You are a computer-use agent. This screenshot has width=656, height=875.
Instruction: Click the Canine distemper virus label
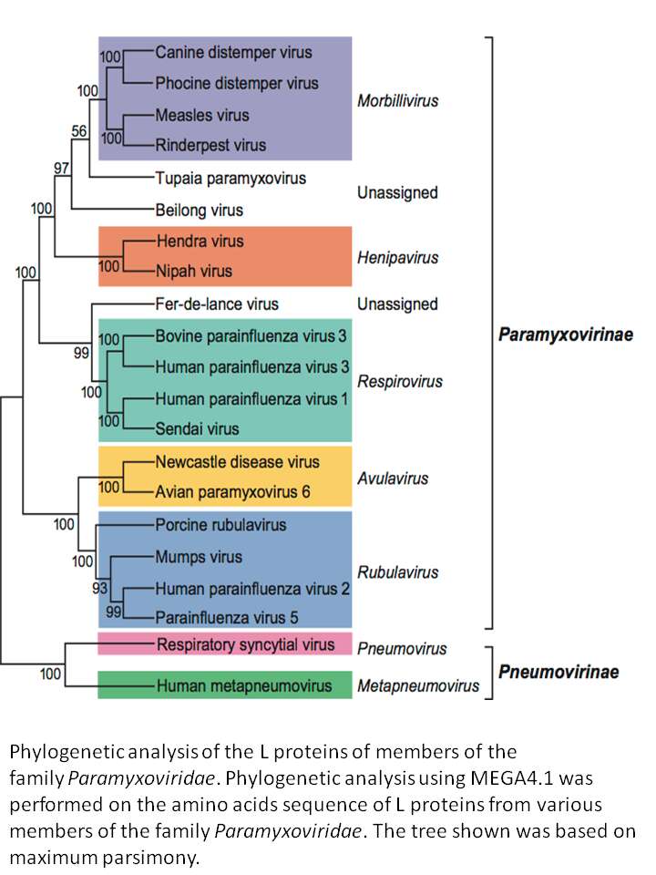pyautogui.click(x=233, y=53)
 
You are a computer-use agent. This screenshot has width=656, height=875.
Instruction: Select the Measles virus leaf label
pyautogui.click(x=202, y=115)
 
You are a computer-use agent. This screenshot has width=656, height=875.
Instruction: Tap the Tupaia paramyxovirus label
pyautogui.click(x=231, y=179)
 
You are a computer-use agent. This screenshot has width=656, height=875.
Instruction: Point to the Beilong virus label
pyautogui.click(x=200, y=211)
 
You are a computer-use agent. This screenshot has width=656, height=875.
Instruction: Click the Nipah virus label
pyautogui.click(x=193, y=272)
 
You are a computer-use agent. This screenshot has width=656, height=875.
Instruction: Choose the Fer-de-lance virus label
pyautogui.click(x=217, y=304)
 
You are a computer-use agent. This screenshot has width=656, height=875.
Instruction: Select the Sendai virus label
pyautogui.click(x=197, y=428)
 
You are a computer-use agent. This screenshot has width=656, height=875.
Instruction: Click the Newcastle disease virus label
pyautogui.click(x=237, y=462)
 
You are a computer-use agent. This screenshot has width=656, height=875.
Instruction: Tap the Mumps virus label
pyautogui.click(x=199, y=557)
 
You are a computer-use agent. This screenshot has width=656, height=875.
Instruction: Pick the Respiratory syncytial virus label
pyautogui.click(x=245, y=644)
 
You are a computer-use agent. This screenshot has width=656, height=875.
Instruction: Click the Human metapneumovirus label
pyautogui.click(x=244, y=685)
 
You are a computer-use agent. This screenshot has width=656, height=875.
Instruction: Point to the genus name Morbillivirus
pyautogui.click(x=398, y=101)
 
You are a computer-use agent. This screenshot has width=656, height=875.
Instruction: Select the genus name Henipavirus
pyautogui.click(x=398, y=258)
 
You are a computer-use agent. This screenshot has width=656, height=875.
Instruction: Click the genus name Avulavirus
pyautogui.click(x=393, y=479)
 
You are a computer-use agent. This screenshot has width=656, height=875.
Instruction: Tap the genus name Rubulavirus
pyautogui.click(x=398, y=572)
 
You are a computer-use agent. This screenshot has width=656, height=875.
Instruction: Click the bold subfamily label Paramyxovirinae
pyautogui.click(x=566, y=335)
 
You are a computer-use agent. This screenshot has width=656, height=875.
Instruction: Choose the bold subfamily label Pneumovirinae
pyautogui.click(x=559, y=672)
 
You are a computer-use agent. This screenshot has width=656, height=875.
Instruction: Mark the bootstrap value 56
pyautogui.click(x=79, y=131)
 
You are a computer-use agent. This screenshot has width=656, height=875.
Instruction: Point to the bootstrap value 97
pyautogui.click(x=61, y=168)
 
